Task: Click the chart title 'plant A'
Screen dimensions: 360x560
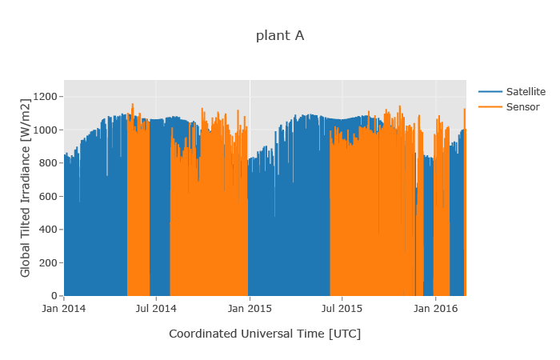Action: [280, 35]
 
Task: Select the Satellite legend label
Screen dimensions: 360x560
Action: [526, 91]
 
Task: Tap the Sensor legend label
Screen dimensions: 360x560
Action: [523, 106]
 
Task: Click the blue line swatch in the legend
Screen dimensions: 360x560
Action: [490, 91]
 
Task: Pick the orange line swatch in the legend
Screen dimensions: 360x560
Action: [490, 106]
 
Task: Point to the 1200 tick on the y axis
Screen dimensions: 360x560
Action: [46, 97]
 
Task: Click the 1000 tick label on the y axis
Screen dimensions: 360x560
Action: [46, 130]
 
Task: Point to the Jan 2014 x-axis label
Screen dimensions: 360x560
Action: [64, 307]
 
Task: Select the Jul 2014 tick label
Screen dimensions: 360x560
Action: [156, 307]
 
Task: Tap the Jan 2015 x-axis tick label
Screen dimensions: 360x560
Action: [250, 307]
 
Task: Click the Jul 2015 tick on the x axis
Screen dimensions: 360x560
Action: [342, 307]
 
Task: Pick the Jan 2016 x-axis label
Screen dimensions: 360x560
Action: [435, 307]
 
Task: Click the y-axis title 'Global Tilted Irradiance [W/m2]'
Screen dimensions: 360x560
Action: [26, 188]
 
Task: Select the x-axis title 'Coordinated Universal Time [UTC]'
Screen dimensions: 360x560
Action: [265, 334]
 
